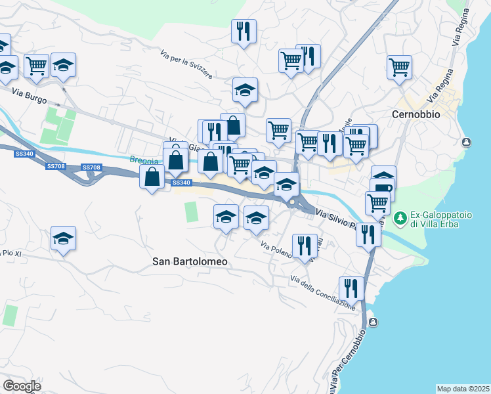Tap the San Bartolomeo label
coord(190,261)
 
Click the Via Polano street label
coord(275,253)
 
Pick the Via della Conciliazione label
coord(323,293)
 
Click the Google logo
coord(22,386)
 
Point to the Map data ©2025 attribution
coord(463,388)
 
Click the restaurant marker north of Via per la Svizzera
coord(244,31)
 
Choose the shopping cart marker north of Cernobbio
coord(399,68)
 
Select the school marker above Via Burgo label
coord(63,66)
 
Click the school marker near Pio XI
coord(63,239)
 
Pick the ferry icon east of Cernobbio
coord(467,142)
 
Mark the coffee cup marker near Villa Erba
coord(382,190)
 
